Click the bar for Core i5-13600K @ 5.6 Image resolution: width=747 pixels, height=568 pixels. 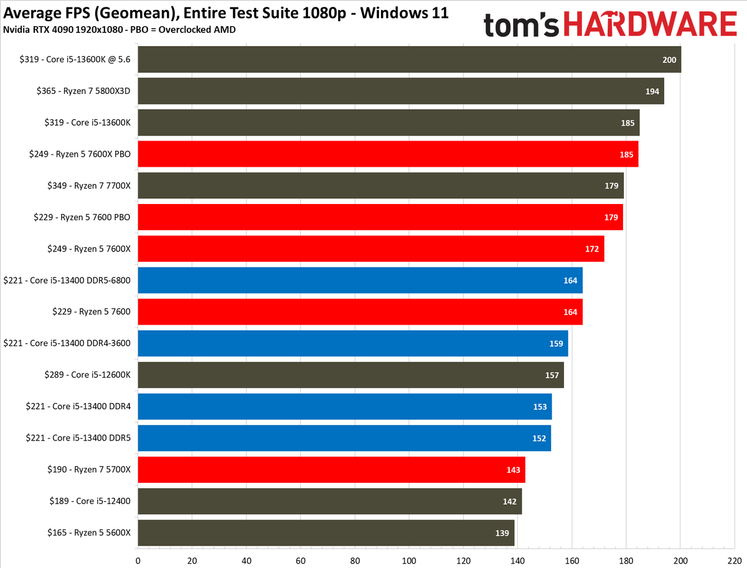(409, 60)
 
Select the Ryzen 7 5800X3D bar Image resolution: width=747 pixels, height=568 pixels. (400, 91)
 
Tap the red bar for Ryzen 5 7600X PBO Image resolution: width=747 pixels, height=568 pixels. (387, 154)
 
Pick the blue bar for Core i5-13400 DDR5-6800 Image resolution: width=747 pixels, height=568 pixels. (360, 280)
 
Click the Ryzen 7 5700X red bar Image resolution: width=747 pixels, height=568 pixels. (331, 470)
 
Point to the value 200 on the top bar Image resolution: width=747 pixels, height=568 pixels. (669, 60)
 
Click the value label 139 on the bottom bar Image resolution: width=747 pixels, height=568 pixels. (502, 533)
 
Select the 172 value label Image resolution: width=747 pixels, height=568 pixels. (592, 249)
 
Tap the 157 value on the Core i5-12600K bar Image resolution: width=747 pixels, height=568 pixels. (552, 375)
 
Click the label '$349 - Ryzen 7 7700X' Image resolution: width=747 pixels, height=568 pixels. (89, 185)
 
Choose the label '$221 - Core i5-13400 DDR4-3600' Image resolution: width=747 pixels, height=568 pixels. (67, 343)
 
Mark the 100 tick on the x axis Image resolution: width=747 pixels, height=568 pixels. (409, 559)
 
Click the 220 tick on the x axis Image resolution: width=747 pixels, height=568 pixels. (735, 559)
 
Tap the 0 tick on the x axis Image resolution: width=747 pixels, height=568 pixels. (138, 559)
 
